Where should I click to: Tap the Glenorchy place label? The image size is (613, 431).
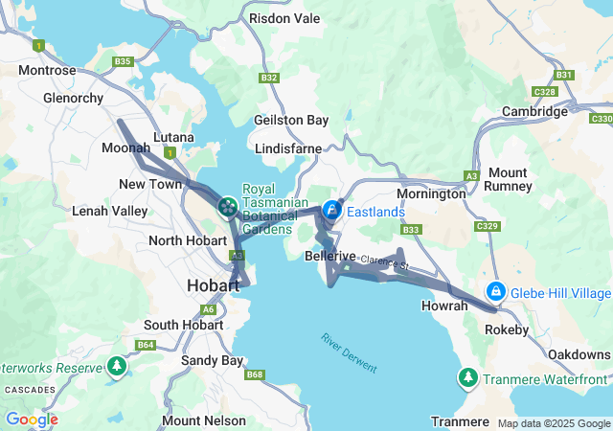(x=73, y=97)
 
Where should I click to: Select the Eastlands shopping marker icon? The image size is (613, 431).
(x=331, y=210)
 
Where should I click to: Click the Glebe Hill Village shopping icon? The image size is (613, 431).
(x=496, y=291)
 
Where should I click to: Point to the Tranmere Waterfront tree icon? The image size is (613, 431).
(x=468, y=377)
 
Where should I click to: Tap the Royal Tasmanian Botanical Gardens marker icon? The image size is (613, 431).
(x=228, y=206)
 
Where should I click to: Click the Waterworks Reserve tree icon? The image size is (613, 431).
(x=116, y=367)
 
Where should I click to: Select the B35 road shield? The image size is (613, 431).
(x=122, y=61)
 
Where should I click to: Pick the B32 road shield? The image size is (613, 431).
(x=269, y=78)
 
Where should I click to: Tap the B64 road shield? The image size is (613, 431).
(x=146, y=345)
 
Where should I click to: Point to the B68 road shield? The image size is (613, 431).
(x=254, y=374)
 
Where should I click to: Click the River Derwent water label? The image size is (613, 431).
(x=349, y=353)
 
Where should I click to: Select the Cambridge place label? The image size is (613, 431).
(x=534, y=111)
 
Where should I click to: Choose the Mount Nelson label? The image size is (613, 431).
(x=196, y=420)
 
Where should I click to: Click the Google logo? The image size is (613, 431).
(x=32, y=420)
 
